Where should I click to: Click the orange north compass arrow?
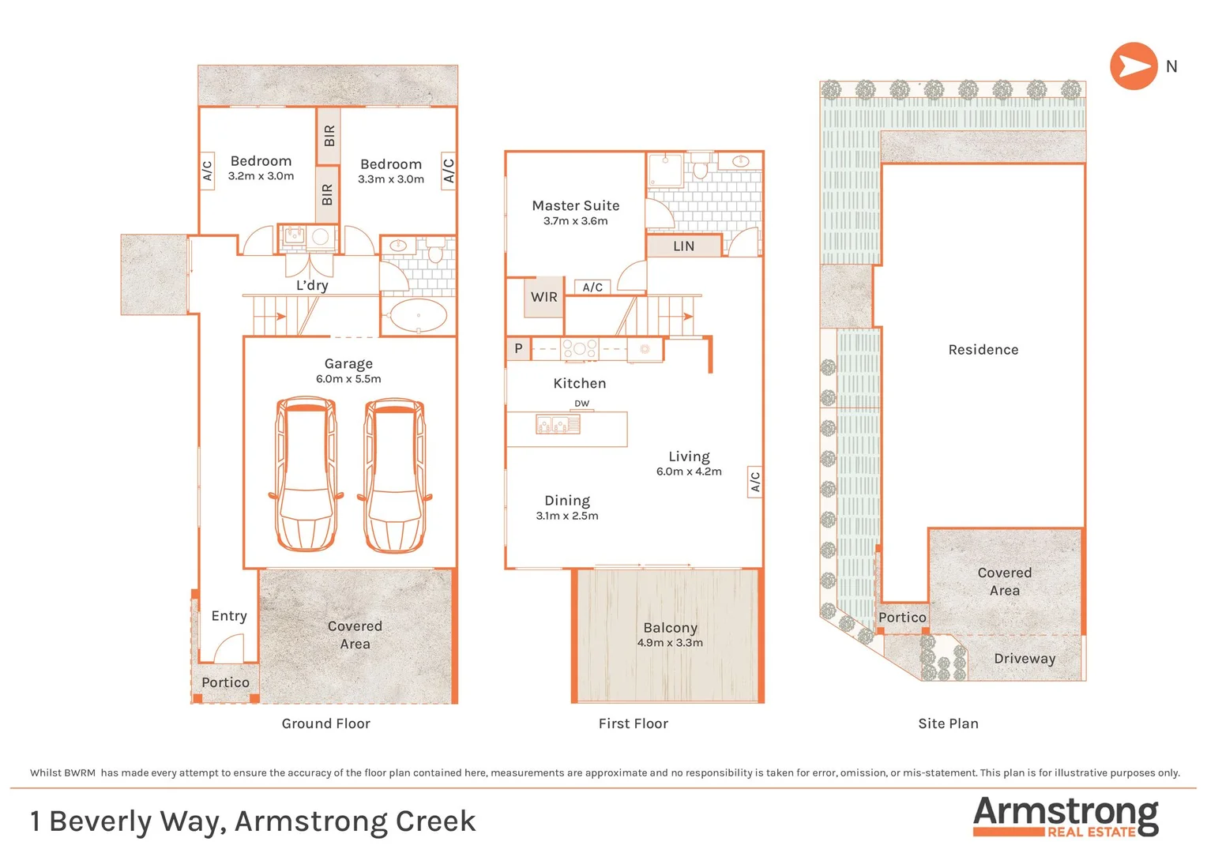(1134, 66)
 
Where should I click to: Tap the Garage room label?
(348, 364)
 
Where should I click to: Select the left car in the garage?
(306, 474)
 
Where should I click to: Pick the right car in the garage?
(394, 475)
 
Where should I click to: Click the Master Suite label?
(576, 205)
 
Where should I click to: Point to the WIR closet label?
(543, 297)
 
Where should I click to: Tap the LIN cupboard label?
(683, 246)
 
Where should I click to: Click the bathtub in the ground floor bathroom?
(418, 315)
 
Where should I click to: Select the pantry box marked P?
(518, 348)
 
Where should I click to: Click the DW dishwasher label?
(581, 404)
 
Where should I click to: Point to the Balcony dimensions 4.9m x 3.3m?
(670, 643)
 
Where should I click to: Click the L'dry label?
(312, 285)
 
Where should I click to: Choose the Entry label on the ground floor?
(229, 616)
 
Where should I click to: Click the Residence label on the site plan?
(983, 350)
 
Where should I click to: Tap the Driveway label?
(1025, 659)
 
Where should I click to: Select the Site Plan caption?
(949, 723)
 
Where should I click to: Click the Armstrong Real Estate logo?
(1066, 817)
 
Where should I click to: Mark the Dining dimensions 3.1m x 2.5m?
(567, 516)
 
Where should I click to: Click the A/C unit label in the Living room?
(755, 482)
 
